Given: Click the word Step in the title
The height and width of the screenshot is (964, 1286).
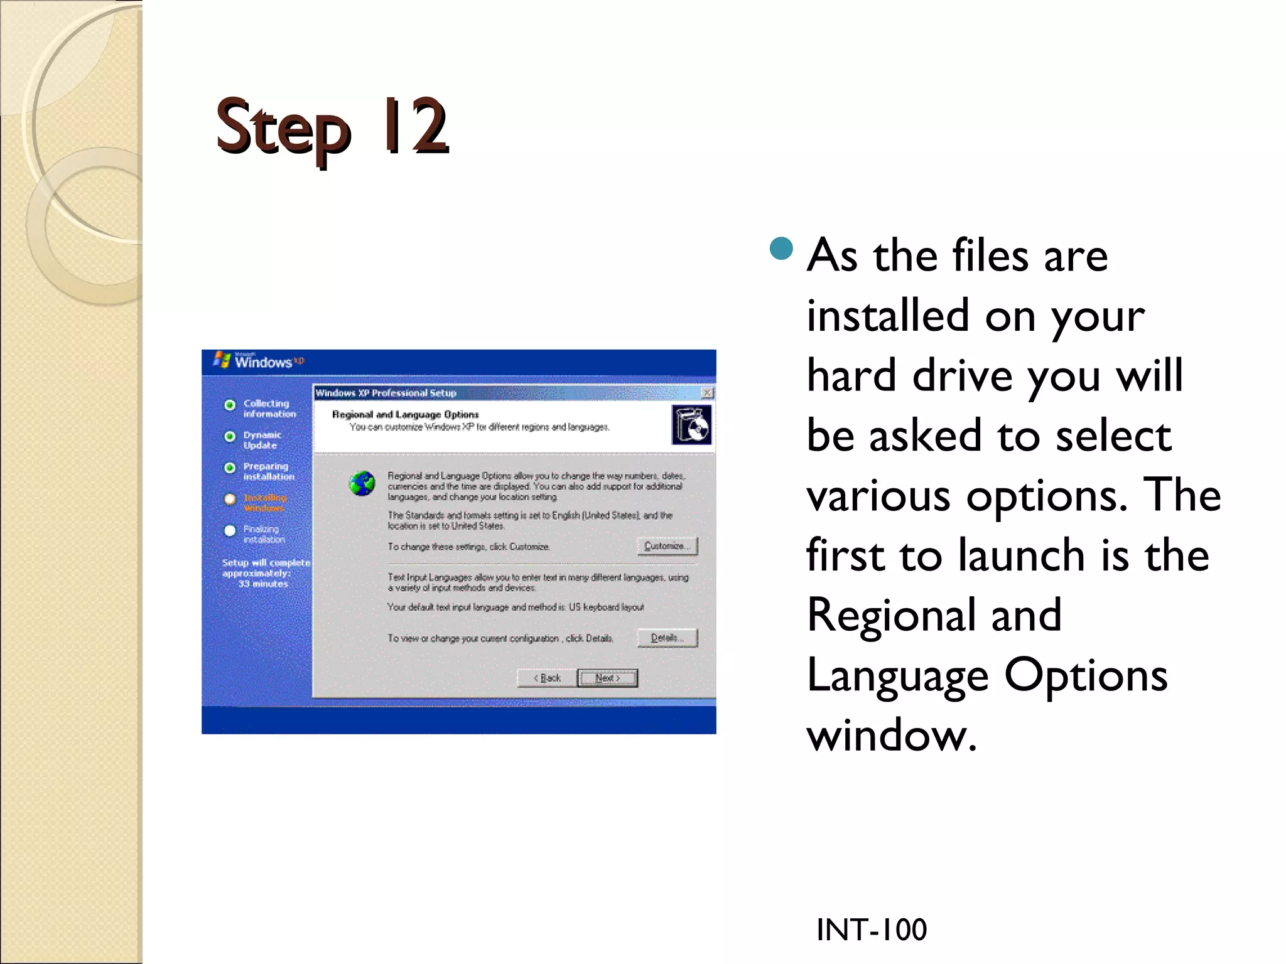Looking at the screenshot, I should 283,129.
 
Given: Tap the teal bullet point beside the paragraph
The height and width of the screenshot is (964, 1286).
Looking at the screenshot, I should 781,249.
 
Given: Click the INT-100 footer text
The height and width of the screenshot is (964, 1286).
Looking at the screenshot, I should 871,929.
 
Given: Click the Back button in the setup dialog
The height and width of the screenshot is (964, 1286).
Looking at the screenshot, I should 547,678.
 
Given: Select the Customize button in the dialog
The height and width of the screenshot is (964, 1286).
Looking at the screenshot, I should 667,546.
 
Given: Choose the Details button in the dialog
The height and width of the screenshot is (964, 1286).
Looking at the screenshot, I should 667,638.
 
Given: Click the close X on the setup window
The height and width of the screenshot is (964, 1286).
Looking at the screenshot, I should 707,393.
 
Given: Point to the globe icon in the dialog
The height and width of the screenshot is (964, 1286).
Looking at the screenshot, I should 362,483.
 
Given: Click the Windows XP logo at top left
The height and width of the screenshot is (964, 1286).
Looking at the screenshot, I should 259,361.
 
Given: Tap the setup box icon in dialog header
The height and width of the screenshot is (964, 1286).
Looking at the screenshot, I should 691,425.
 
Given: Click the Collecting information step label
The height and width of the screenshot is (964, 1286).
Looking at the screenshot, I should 269,409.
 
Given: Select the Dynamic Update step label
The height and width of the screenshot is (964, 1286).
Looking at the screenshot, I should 262,440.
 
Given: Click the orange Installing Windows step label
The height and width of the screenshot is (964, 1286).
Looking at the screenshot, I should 264,503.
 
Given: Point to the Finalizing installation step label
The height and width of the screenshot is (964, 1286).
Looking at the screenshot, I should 263,534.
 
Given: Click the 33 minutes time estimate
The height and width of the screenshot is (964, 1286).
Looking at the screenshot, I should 262,584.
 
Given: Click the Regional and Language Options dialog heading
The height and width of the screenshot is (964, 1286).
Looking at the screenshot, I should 405,414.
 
